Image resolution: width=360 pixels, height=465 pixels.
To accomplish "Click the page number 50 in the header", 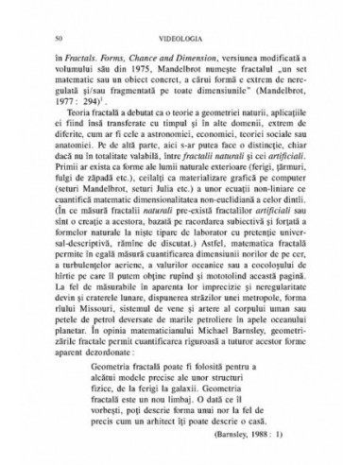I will [60, 38].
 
